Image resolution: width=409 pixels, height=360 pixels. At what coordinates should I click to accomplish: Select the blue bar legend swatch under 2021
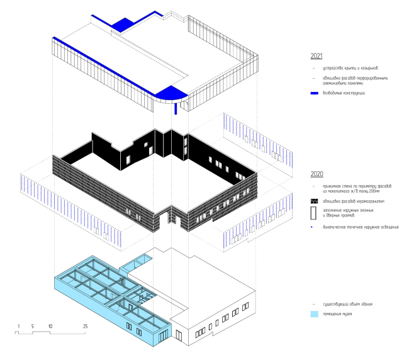(315, 93)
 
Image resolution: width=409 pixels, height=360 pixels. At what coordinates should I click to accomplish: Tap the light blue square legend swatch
(315, 313)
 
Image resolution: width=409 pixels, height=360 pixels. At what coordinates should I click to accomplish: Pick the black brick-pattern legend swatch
(315, 200)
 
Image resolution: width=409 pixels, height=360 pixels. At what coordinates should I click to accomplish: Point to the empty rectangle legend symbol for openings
(315, 211)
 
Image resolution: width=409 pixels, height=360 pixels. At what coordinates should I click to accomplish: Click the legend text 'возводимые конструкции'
(344, 93)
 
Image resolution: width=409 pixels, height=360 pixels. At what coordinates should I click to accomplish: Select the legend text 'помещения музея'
(340, 313)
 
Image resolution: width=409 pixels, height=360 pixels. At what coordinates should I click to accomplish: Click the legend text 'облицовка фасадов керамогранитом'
(353, 200)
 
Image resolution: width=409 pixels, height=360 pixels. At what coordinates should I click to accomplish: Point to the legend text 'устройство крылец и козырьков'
(349, 67)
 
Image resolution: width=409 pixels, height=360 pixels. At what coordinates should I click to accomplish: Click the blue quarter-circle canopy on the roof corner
(169, 95)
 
